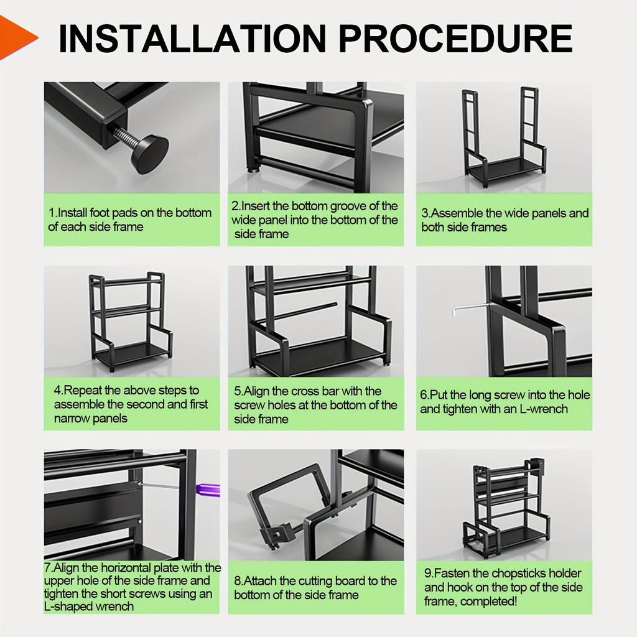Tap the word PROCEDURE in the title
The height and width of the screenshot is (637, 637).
455,39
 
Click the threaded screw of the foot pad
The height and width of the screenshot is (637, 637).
125,137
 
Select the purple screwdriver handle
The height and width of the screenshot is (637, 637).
208,490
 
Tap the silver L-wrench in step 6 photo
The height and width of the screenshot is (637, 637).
472,308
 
